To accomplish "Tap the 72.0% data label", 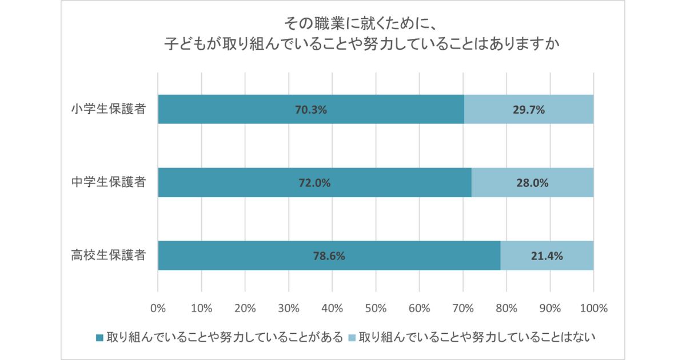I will coord(315,183).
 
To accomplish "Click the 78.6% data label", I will coord(329,256).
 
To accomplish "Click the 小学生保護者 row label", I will coord(107,109).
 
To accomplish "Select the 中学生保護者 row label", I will coord(107,182).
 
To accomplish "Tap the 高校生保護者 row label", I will coord(107,255).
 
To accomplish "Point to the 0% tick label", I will coord(158,309).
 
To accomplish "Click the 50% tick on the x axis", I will coord(376,309).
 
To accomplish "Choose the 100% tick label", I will coord(593,309).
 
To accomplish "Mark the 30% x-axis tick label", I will coord(288,309).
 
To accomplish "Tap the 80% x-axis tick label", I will coord(506,309).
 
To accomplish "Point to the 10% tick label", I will coord(201,309).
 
